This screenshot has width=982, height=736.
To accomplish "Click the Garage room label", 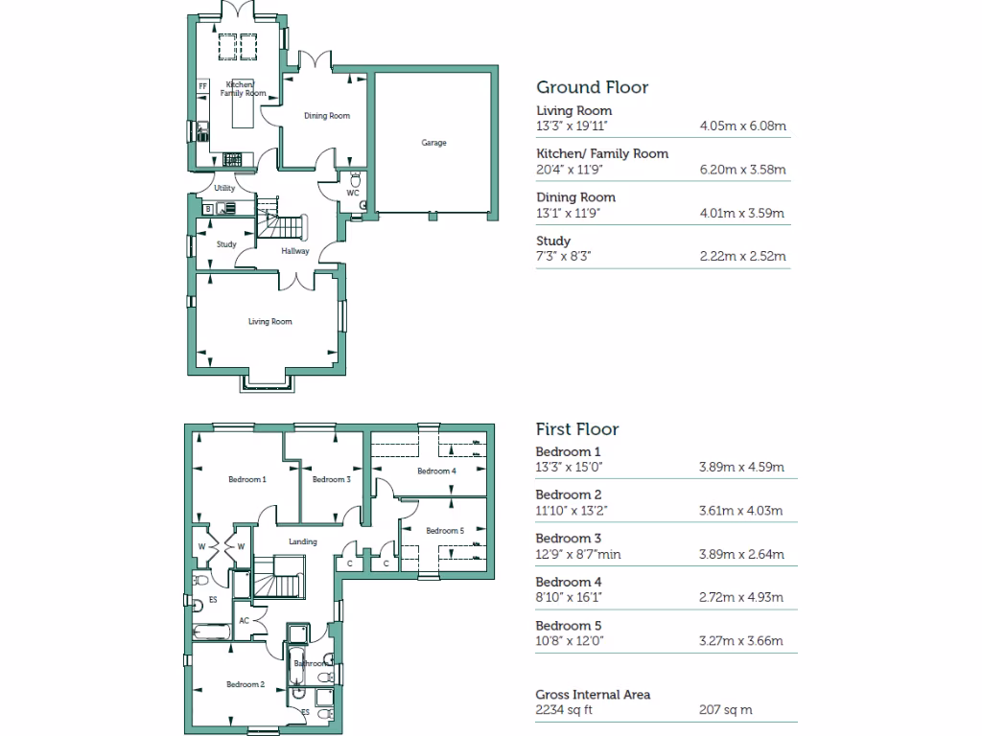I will pyautogui.click(x=433, y=143).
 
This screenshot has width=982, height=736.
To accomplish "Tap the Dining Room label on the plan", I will pyautogui.click(x=327, y=116).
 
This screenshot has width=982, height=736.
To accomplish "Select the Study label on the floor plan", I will pyautogui.click(x=226, y=244).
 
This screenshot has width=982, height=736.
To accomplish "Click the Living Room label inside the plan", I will pyautogui.click(x=269, y=322).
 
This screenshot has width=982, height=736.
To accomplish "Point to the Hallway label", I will pyautogui.click(x=294, y=251).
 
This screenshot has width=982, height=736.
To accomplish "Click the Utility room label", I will pyautogui.click(x=224, y=188).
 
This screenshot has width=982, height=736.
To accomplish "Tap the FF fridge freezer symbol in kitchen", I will pyautogui.click(x=202, y=87).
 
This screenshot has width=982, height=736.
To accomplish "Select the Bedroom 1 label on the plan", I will pyautogui.click(x=246, y=479).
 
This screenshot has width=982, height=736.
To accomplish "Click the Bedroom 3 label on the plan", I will pyautogui.click(x=331, y=479).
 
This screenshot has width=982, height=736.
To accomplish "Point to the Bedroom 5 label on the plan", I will pyautogui.click(x=445, y=531).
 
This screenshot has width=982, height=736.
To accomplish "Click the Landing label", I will pyautogui.click(x=303, y=542).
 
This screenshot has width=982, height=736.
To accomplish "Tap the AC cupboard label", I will pyautogui.click(x=244, y=620).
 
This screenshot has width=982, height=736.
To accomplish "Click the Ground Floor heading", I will pyautogui.click(x=592, y=87).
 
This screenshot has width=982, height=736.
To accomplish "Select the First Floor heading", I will pyautogui.click(x=577, y=429).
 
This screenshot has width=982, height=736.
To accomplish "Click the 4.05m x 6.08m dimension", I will pyautogui.click(x=743, y=126).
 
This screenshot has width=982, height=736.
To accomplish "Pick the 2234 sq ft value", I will pyautogui.click(x=565, y=710).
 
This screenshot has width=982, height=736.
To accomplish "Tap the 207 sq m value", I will pyautogui.click(x=726, y=710).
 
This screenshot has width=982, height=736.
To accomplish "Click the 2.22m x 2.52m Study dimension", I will pyautogui.click(x=743, y=256).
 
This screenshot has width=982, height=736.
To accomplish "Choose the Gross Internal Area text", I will pyautogui.click(x=593, y=694).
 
